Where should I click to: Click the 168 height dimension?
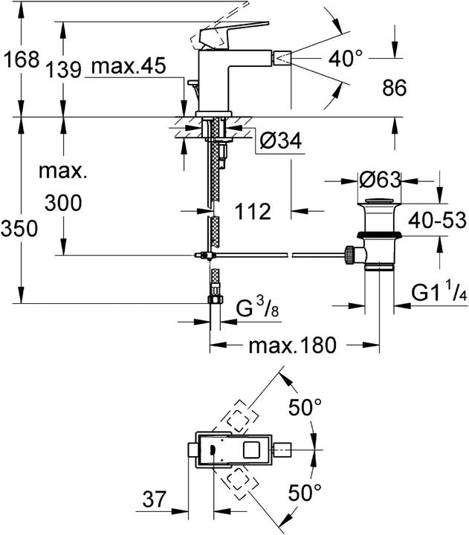(x=20, y=59)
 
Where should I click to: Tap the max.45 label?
(x=128, y=68)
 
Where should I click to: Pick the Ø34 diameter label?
(x=280, y=139)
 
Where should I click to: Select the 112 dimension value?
(x=252, y=212)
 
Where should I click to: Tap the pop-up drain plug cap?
(x=380, y=203)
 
